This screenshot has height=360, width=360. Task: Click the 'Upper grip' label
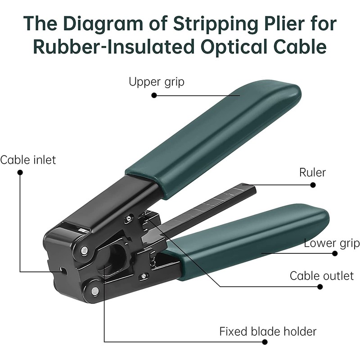[156, 82]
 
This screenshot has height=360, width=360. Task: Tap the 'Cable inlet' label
[28, 160]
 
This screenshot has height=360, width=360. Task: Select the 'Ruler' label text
[312, 172]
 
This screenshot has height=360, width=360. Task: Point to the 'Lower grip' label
[332, 243]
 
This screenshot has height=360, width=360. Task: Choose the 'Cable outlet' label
[321, 275]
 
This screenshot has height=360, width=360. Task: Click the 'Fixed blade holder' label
[268, 332]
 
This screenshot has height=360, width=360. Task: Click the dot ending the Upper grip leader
[153, 95]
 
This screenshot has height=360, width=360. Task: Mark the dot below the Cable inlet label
[20, 172]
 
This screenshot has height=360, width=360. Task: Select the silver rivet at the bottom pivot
[94, 291]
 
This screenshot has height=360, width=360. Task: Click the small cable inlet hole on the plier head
[63, 271]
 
